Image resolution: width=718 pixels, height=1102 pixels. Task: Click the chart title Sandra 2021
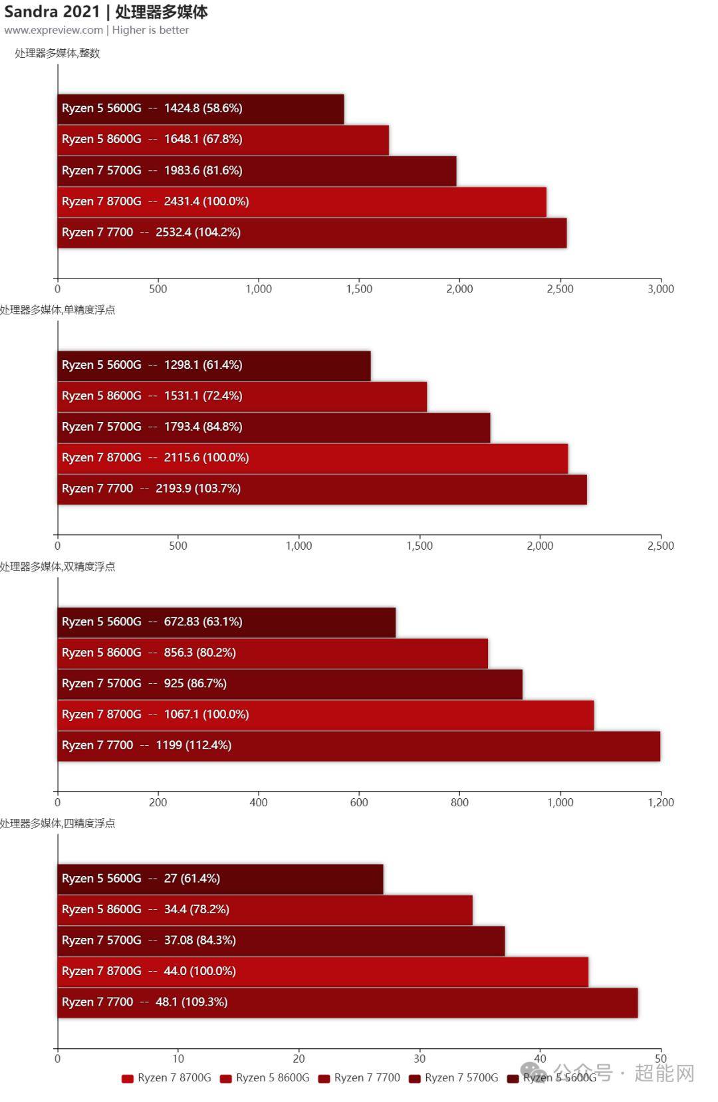[x=52, y=11]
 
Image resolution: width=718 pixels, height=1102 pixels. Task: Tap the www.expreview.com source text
[x=53, y=30]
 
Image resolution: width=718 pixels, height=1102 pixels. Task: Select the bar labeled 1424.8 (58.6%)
[x=200, y=108]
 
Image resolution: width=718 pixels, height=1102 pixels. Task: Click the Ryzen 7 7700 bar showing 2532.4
[x=312, y=233]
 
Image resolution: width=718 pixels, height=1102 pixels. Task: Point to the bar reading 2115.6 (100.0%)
[x=312, y=458]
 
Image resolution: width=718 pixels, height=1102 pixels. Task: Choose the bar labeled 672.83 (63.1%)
[x=226, y=622]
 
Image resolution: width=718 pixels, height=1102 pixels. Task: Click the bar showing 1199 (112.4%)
[x=358, y=746]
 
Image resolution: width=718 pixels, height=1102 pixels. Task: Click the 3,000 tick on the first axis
[x=660, y=289]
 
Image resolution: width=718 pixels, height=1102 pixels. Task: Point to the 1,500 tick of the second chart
[x=419, y=546]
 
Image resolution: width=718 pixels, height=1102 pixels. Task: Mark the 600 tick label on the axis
[x=359, y=802]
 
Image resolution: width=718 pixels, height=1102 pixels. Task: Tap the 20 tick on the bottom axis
[x=299, y=1059]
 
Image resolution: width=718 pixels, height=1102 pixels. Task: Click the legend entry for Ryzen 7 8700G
[x=166, y=1078]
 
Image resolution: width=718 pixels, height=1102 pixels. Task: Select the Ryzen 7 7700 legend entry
[x=359, y=1078]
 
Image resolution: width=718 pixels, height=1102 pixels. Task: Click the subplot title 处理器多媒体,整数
[x=57, y=53]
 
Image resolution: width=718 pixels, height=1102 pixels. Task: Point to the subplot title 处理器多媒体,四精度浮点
[x=57, y=824]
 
